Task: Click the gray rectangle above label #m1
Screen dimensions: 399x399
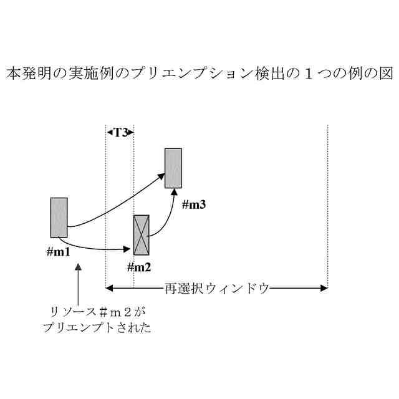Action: pos(59,218)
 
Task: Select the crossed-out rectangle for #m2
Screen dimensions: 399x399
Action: pos(142,235)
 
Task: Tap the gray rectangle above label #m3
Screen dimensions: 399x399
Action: pos(173,168)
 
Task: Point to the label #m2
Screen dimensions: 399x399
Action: pos(140,267)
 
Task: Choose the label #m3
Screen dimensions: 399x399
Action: pos(194,204)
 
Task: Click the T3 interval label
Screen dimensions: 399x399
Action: pos(120,132)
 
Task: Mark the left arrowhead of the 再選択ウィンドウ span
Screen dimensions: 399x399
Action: pos(109,288)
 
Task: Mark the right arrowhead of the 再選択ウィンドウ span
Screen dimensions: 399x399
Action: pos(324,288)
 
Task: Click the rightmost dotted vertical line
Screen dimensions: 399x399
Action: pos(327,206)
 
